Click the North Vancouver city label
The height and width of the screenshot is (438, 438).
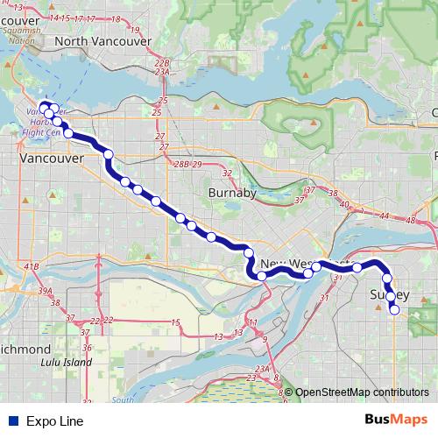[x=102, y=40]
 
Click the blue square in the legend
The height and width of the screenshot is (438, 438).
[x=12, y=421]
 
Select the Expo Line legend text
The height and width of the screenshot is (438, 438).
[x=55, y=421]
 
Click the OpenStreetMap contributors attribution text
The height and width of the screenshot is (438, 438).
[x=362, y=392]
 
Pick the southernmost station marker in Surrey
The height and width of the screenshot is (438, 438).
[x=394, y=310]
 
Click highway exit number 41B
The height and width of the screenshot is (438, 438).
[x=32, y=266]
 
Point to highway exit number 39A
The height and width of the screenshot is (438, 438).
[x=32, y=290]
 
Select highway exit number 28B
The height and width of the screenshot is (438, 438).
[x=181, y=165]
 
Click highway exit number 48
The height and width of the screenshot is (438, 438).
[x=412, y=221]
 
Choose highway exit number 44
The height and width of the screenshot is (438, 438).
[x=385, y=215]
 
